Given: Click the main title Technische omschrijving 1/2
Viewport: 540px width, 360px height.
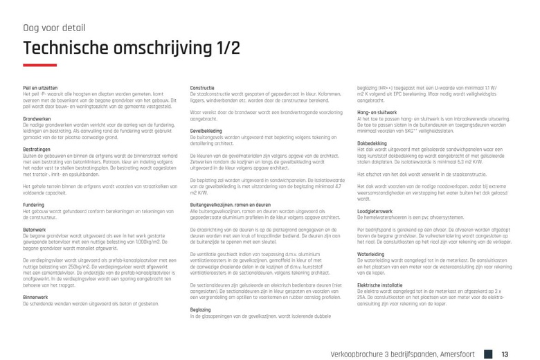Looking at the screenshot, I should (x=132, y=48).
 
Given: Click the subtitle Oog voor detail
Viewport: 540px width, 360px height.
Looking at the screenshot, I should (x=54, y=28).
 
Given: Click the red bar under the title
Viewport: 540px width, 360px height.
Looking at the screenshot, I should (x=39, y=65).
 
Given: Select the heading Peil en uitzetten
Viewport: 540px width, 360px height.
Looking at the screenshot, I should (x=40, y=88).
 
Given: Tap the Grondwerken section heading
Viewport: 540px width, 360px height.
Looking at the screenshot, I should (x=37, y=119).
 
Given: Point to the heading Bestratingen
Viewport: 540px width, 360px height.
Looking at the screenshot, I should (x=37, y=149).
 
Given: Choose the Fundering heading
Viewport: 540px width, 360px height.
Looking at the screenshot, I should (x=33, y=205).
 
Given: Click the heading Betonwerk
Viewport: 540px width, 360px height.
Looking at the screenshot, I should (x=34, y=228).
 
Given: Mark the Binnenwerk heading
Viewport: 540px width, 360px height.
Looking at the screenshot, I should (x=35, y=297).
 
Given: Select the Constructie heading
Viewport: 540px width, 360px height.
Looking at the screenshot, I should (x=202, y=88).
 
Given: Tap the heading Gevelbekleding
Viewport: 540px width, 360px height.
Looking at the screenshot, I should (x=206, y=129).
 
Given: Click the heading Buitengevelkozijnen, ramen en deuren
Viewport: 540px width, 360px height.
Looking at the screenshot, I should (x=230, y=205).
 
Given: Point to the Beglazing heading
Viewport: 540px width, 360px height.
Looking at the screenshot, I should (x=200, y=309).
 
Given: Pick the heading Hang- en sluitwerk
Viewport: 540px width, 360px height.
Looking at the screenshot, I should (x=377, y=111).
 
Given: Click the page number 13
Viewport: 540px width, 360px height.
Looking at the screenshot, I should (x=505, y=354).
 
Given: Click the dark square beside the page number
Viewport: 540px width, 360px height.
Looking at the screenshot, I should (x=488, y=354).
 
